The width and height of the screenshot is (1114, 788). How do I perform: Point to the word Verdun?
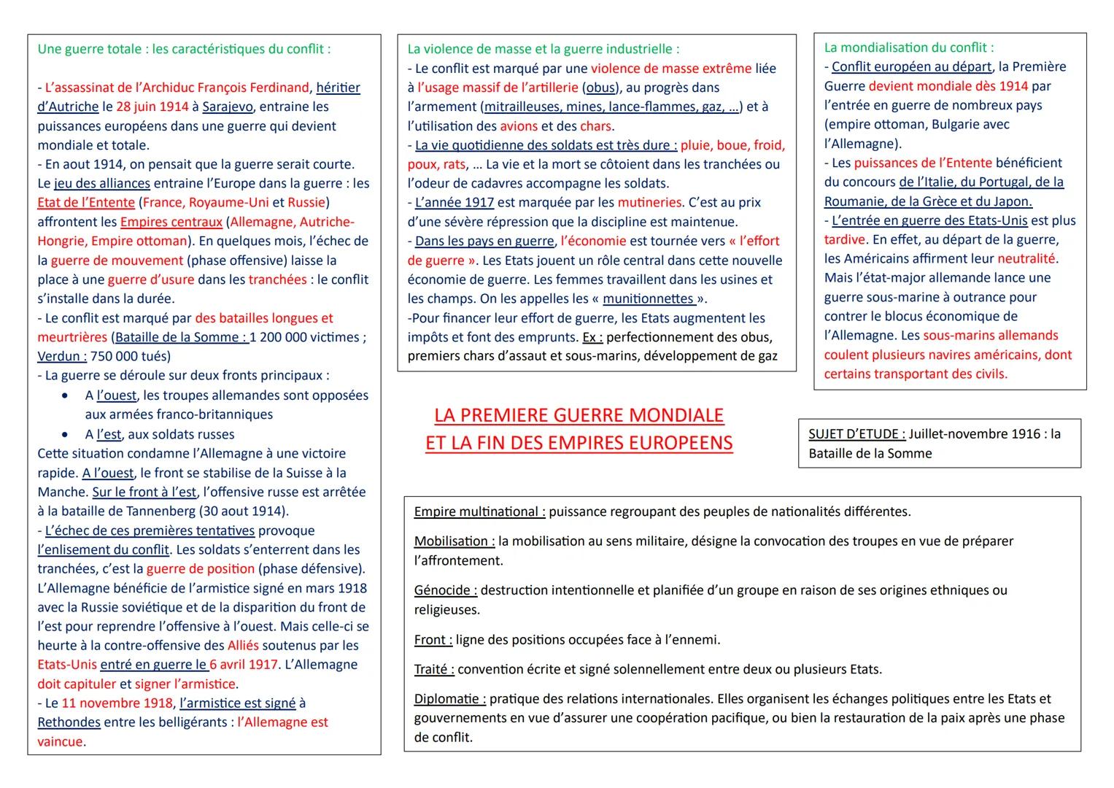61,356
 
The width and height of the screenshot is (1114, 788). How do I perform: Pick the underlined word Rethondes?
69,722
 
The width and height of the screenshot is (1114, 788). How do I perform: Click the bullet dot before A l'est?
66,434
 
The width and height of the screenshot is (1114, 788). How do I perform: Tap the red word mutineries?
649,202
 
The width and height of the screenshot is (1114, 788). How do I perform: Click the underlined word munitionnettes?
649,298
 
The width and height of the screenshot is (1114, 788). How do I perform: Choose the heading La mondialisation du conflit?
908,47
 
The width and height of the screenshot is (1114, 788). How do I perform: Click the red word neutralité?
1026,258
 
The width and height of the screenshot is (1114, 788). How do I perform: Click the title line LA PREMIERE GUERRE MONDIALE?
579,415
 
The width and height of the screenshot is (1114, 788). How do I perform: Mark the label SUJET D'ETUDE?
856,434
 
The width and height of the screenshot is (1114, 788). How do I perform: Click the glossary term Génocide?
445,590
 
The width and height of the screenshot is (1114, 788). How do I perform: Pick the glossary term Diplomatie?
449,699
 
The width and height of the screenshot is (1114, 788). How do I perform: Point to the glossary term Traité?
433,669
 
